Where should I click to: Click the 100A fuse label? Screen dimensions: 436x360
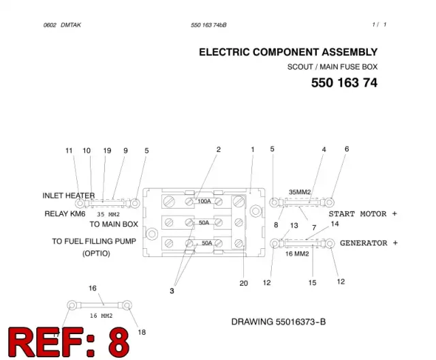204,201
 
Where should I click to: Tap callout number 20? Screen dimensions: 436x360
244,283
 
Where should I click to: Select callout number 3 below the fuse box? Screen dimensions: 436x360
172,291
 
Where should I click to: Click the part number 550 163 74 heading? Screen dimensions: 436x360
344,82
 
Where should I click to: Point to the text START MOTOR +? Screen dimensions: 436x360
363,214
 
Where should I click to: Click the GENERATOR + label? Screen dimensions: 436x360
369,243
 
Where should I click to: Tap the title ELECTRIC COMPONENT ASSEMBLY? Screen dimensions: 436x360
288,52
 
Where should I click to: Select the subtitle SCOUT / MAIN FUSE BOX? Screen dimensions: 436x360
332,67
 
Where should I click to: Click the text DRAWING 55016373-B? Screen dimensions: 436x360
279,322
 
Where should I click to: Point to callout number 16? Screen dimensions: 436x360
93,288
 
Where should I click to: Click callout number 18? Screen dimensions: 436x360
142,332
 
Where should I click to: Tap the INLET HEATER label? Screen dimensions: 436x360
69,196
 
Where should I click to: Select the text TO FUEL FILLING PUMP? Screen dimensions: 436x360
94,241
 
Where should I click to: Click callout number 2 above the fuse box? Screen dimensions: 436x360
219,150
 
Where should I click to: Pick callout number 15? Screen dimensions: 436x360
312,283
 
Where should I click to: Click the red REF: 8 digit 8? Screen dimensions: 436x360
119,342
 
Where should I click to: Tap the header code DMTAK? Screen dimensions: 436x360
71,25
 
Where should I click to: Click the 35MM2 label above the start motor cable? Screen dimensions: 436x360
300,192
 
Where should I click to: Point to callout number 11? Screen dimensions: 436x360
69,151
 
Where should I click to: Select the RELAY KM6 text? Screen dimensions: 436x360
65,213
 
